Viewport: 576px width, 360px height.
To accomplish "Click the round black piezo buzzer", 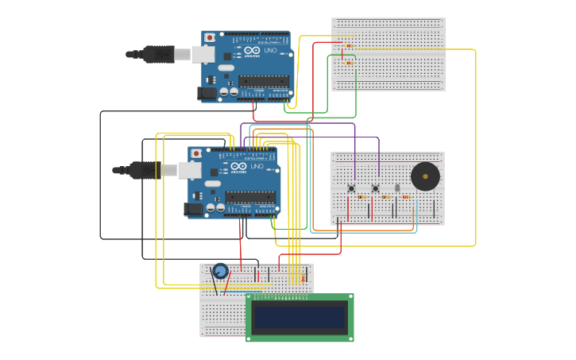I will pos(425,176).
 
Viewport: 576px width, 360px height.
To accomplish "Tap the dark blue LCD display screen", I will pos(300,318).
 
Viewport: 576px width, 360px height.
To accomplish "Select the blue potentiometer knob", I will pos(220,271).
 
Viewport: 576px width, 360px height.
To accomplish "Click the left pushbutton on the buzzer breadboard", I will pos(351,188).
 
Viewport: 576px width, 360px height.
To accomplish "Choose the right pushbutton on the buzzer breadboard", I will pos(375,188).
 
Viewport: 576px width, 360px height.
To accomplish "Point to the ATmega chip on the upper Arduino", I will pos(263,80).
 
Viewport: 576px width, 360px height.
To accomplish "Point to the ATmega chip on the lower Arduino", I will pos(249,196).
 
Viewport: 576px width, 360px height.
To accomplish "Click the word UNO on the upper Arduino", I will pos(270,51).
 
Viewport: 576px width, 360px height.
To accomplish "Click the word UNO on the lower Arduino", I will pos(257,167).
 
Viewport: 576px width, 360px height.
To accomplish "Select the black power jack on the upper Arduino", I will pos(207,93).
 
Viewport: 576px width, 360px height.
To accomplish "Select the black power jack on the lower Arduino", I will pos(193,209).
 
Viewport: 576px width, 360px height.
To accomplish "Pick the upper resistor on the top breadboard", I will pos(350,46).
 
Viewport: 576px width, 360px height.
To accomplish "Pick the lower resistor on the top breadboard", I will pos(350,62).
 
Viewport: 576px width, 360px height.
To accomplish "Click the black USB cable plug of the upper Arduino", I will pos(158,54).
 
